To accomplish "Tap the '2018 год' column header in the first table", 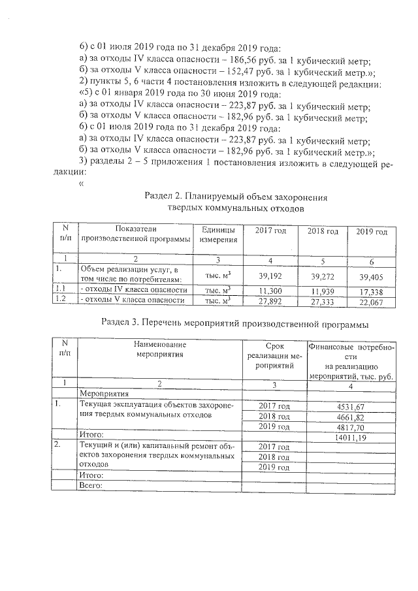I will (323, 232).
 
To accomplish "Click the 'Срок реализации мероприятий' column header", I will (274, 355).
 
